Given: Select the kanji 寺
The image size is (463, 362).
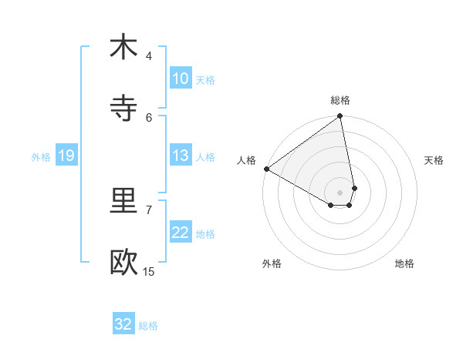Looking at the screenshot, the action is [x=123, y=109].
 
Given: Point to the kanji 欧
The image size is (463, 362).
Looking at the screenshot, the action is [x=123, y=263].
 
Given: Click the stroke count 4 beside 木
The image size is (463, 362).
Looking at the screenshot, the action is [x=148, y=55].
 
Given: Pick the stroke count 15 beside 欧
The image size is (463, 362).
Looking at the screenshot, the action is [x=149, y=271].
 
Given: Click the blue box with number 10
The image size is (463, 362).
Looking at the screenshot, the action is [x=180, y=79].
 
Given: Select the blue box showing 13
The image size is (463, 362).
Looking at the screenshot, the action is [x=180, y=156].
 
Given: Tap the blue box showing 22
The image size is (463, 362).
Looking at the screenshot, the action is [x=180, y=233].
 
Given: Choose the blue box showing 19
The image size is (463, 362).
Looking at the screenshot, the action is [x=66, y=156].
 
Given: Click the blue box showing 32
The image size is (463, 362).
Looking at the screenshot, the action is [x=123, y=324].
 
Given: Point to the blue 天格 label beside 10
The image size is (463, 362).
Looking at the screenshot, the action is [x=205, y=79].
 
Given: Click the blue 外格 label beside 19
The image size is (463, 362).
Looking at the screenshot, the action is [x=41, y=156].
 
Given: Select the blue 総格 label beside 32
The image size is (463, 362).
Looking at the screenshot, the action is [x=148, y=325].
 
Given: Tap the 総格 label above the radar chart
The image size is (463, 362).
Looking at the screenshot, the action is [x=340, y=100].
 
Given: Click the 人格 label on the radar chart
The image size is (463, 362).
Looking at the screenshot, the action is [x=246, y=160].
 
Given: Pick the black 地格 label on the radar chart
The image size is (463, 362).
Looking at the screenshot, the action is [x=404, y=263].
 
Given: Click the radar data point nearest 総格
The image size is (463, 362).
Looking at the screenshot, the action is [x=340, y=117].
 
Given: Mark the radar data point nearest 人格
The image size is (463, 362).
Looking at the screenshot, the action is [x=266, y=169].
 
